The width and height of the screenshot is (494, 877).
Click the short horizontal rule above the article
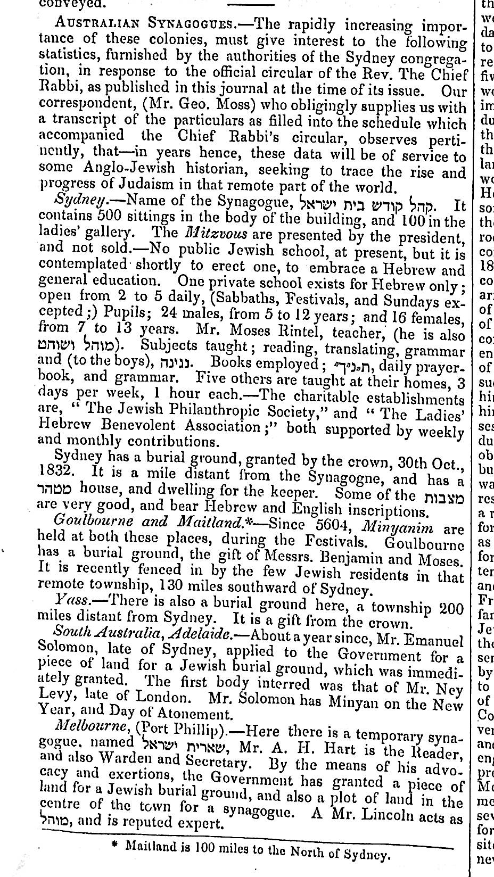click(250, 5)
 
